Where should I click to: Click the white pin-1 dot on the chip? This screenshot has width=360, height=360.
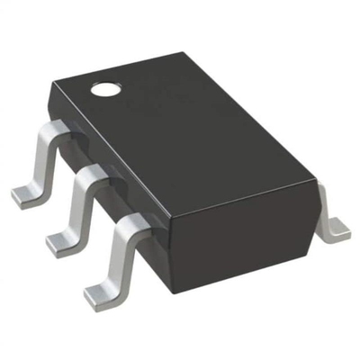(x=105, y=89)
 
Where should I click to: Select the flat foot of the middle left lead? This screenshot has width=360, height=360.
(x=60, y=238)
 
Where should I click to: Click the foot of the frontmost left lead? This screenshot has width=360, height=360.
(x=98, y=291)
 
